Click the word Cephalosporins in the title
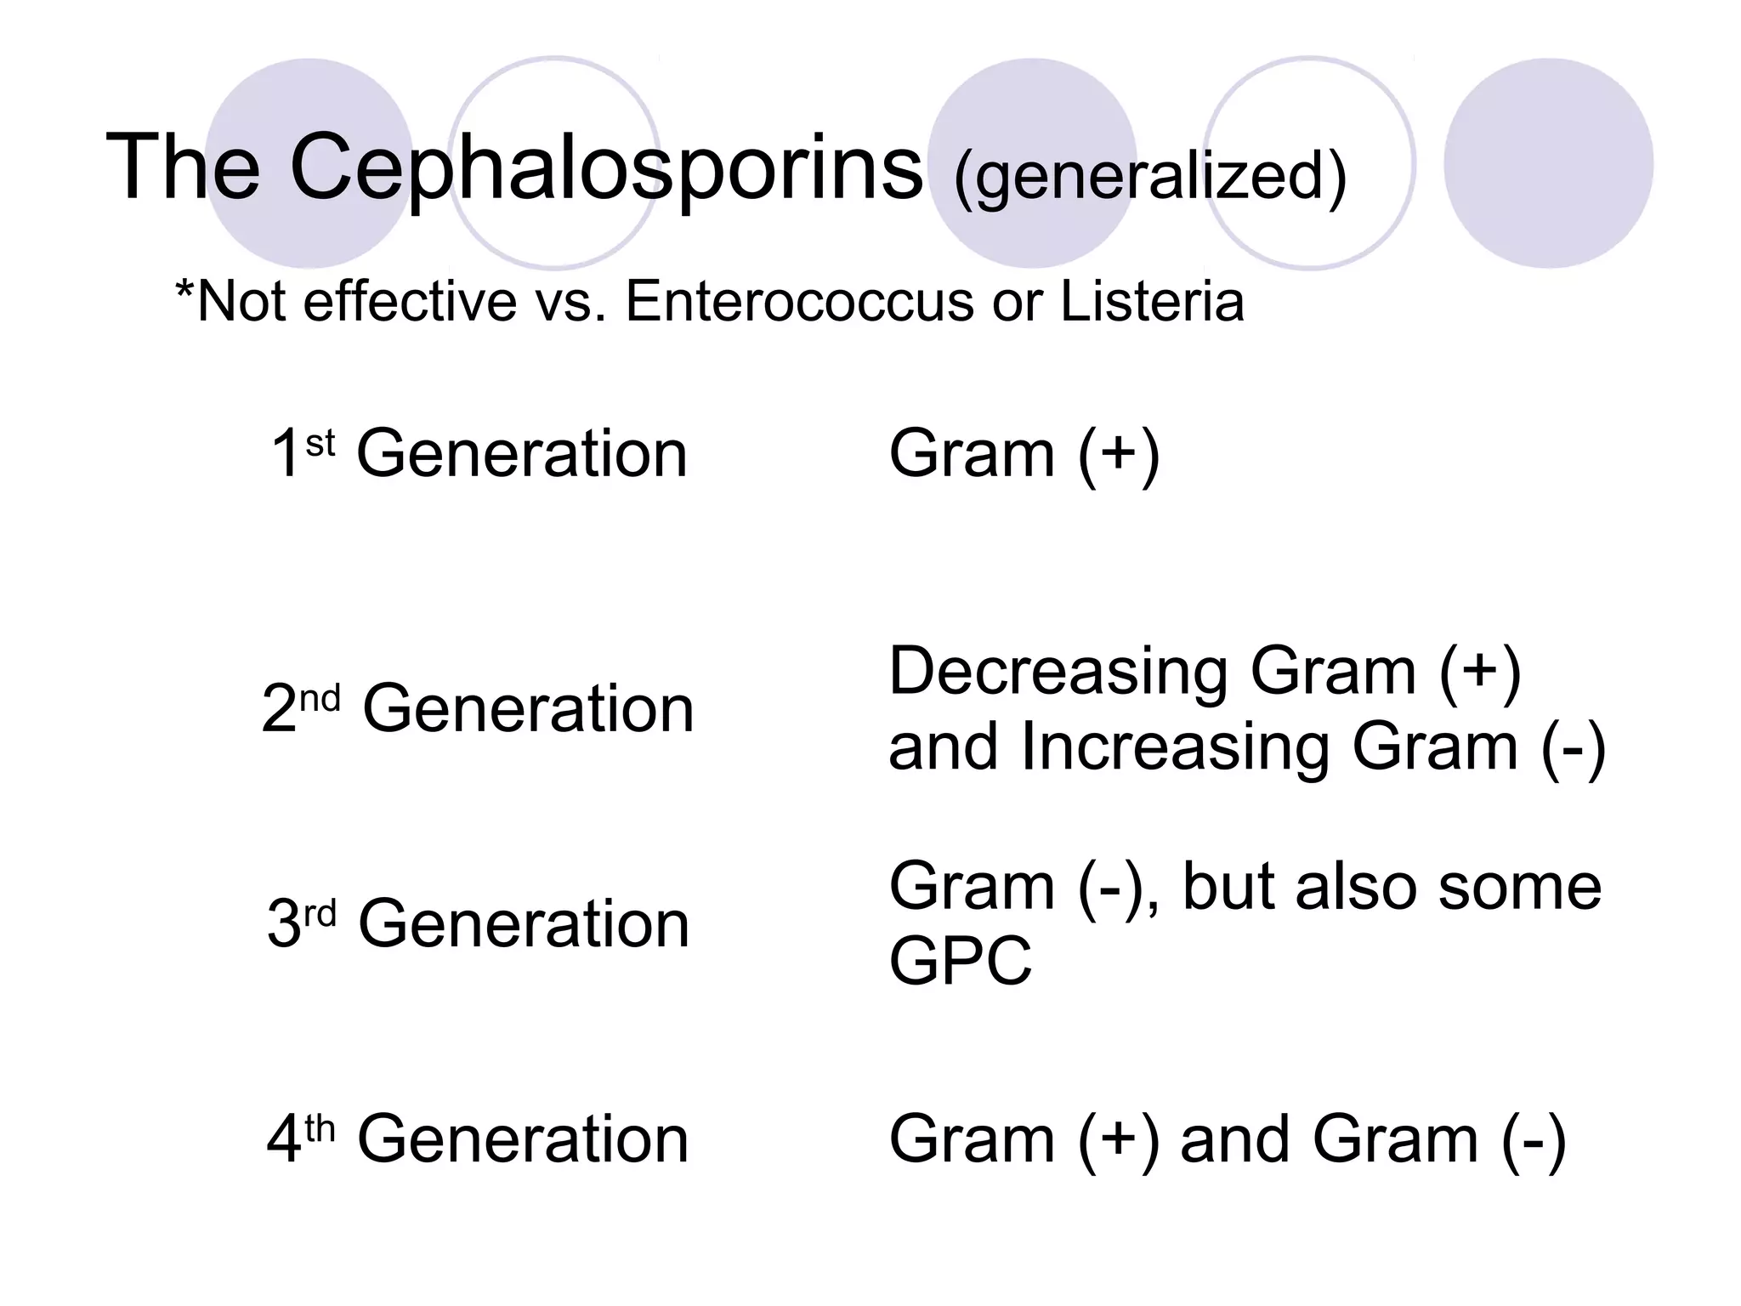605,168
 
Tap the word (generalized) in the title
1150,176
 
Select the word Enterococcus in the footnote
799,301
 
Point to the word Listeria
1152,301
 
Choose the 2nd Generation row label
478,708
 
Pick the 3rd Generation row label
478,923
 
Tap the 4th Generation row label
478,1138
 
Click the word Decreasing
1058,673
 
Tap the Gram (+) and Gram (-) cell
1227,1138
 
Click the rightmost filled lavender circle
1548,163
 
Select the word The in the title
183,168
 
